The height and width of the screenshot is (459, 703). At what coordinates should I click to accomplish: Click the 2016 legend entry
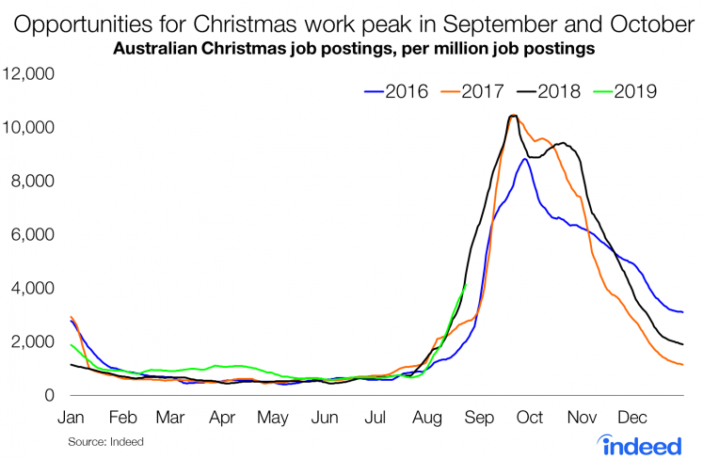click(395, 91)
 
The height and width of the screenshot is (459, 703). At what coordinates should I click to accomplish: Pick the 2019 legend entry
click(637, 91)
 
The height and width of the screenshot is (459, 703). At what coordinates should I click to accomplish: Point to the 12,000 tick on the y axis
click(31, 74)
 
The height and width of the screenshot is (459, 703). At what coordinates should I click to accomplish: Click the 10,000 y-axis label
click(31, 128)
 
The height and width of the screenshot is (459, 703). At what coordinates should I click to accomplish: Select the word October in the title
click(647, 20)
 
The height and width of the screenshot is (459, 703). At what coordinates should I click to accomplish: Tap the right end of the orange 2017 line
click(682, 364)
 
